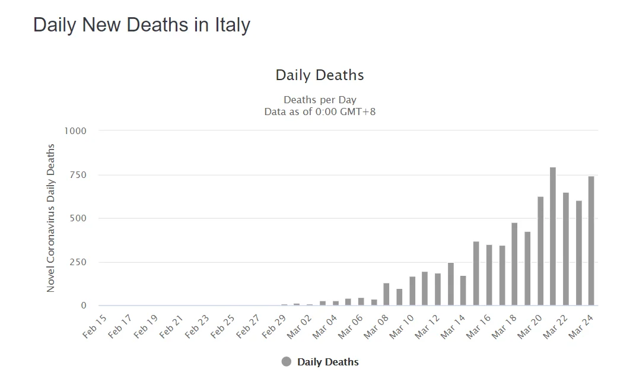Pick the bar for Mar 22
coord(565,249)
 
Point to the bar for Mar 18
coord(514,264)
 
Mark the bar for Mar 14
coord(463,291)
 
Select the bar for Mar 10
coord(412,291)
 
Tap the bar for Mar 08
coord(386,294)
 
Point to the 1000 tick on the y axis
coord(75,131)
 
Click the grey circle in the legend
coord(287,362)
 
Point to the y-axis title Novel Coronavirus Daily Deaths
coord(51,218)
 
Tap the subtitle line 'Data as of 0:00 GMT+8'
coord(320,111)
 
